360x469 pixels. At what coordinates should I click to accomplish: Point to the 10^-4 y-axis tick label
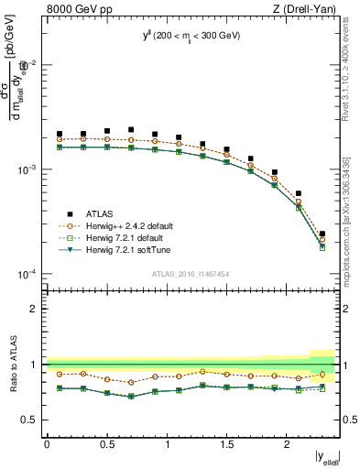(27, 274)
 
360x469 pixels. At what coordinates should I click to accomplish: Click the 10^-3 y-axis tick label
(27, 169)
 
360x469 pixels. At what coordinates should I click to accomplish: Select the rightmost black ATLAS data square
(322, 234)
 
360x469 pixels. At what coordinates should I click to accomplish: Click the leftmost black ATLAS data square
(60, 134)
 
